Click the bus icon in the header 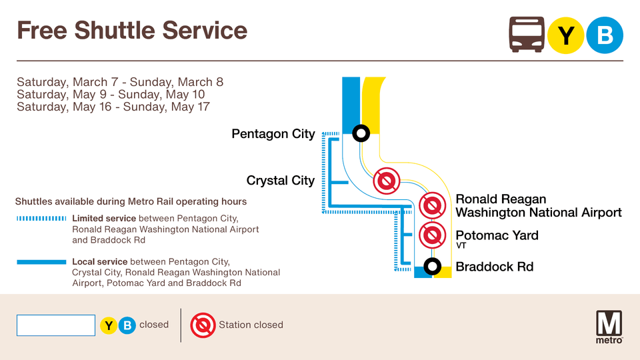pyautogui.click(x=527, y=35)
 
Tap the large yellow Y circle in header pyautogui.click(x=566, y=35)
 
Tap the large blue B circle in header pyautogui.click(x=605, y=35)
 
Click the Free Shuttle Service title pyautogui.click(x=132, y=30)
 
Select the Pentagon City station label pyautogui.click(x=273, y=134)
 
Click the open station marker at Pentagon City pyautogui.click(x=361, y=133)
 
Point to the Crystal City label pyautogui.click(x=280, y=181)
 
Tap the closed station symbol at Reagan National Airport pyautogui.click(x=432, y=205)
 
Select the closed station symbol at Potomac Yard pyautogui.click(x=432, y=235)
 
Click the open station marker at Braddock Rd pyautogui.click(x=432, y=267)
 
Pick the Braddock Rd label pyautogui.click(x=494, y=267)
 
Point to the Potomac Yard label pyautogui.click(x=497, y=235)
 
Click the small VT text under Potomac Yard pyautogui.click(x=461, y=246)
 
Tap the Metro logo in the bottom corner pyautogui.click(x=609, y=326)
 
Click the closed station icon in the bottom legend pyautogui.click(x=203, y=325)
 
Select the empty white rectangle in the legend pyautogui.click(x=56, y=325)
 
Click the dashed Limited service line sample pyautogui.click(x=41, y=218)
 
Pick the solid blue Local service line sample pyautogui.click(x=41, y=262)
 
